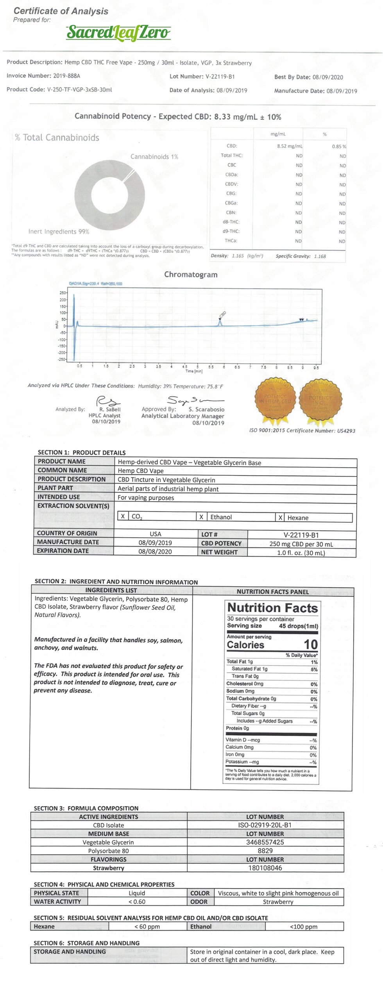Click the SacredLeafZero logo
[x=118, y=32]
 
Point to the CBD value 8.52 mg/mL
[x=290, y=146]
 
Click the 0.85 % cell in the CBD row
[x=339, y=146]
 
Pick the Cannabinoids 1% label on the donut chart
[x=154, y=157]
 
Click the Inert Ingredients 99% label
[x=59, y=232]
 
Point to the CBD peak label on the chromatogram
[x=223, y=314]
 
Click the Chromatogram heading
[x=191, y=275]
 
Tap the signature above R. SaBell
[x=108, y=401]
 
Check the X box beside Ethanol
[x=201, y=517]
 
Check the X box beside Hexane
[x=280, y=518]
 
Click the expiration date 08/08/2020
[x=155, y=551]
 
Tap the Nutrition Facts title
[x=272, y=608]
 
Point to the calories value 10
[x=311, y=644]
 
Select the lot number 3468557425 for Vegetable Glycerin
[x=265, y=842]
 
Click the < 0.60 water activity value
[x=137, y=902]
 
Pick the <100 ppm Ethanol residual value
[x=304, y=926]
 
